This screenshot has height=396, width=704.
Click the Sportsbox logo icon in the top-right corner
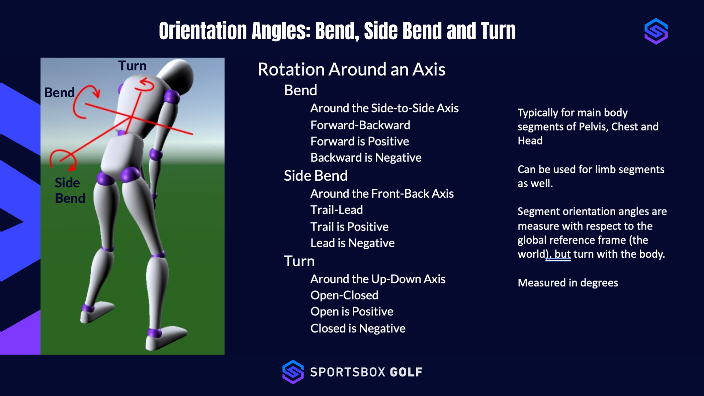[x=656, y=31]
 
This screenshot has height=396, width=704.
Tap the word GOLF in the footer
[x=406, y=372]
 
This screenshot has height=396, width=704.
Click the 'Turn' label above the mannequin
[x=132, y=66]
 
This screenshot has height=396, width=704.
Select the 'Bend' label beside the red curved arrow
[x=59, y=93]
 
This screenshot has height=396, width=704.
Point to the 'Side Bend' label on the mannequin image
[x=70, y=190]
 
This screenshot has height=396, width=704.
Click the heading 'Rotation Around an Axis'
[x=351, y=69]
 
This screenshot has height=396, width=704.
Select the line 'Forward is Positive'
[x=359, y=141]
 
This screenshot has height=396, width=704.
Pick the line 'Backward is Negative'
[x=366, y=158]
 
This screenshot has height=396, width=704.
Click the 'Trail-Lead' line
[x=336, y=210]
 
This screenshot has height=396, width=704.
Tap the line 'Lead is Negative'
[x=352, y=243]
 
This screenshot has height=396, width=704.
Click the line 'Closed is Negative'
[x=357, y=328]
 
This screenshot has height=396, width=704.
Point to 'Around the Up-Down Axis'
[x=378, y=279]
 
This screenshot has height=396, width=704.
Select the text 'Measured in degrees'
[x=568, y=283]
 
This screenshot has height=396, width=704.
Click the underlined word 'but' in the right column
[x=562, y=254]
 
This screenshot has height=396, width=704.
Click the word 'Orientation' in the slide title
[x=203, y=31]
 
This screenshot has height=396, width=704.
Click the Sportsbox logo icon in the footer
[x=293, y=372]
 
